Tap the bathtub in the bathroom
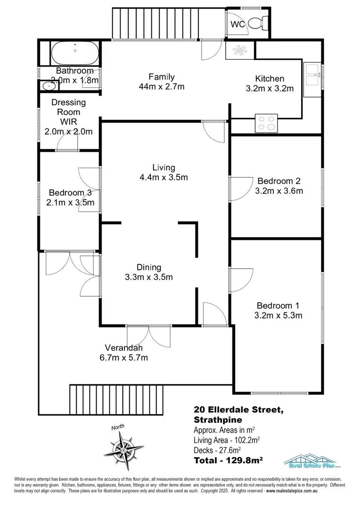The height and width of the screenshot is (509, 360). tap(75, 53)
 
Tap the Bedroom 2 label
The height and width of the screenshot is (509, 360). tap(278, 181)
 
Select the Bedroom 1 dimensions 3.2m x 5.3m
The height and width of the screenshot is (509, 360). tap(278, 315)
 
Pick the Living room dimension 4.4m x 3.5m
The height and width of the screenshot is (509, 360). tap(164, 178)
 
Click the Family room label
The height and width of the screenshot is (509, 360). tap(162, 77)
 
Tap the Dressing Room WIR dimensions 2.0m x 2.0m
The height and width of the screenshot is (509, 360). tap(68, 131)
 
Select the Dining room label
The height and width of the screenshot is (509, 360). tap(149, 267)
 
